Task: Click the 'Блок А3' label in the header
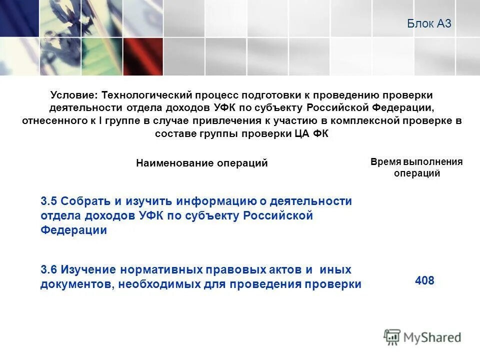tap(429, 23)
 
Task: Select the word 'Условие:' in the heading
tap(74, 95)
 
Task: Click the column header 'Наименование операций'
tap(201, 163)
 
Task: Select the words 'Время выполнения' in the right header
tap(416, 161)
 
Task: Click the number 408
tap(424, 281)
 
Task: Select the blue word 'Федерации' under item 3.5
tap(73, 230)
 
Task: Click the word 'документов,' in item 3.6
tap(76, 284)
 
